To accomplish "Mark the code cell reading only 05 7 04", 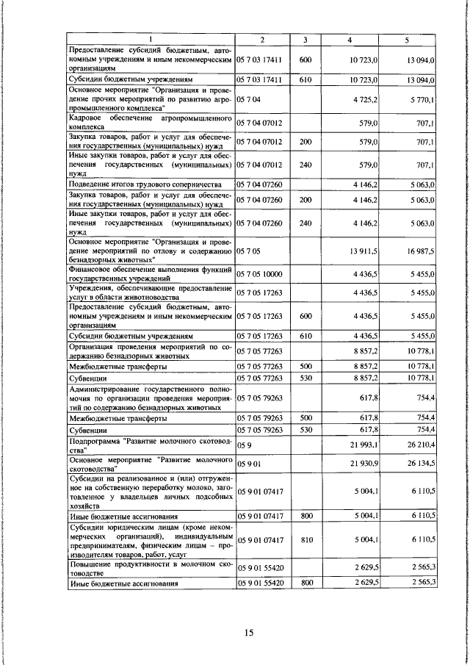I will pos(249,97).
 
